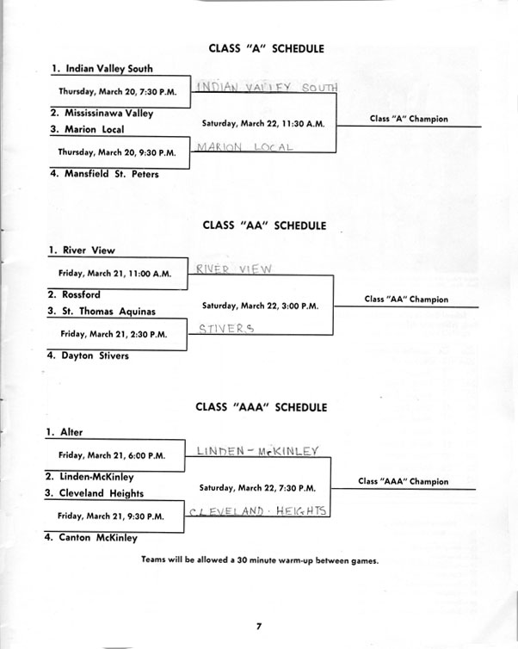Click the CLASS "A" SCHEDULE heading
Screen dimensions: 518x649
[266, 48]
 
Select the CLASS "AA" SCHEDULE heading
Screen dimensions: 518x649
[264, 226]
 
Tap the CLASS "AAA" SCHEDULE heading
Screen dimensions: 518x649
[261, 407]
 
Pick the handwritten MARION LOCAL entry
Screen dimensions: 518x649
[244, 147]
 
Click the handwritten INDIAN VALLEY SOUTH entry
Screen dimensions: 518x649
[267, 87]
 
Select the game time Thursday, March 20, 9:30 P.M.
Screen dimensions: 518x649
[117, 152]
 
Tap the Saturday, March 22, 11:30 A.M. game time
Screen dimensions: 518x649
[263, 123]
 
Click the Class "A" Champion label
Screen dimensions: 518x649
[409, 119]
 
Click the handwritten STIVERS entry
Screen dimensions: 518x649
[226, 329]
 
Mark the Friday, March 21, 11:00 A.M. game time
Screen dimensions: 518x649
[114, 274]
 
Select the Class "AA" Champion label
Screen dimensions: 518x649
[406, 300]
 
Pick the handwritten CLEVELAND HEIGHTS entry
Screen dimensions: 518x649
[257, 511]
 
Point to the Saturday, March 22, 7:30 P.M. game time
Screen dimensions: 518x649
[257, 488]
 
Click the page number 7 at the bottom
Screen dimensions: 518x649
[259, 626]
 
